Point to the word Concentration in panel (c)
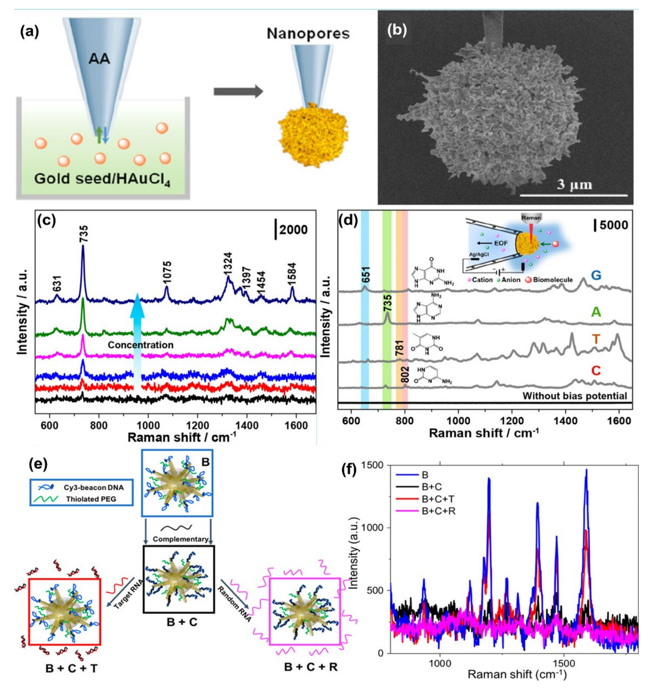pyautogui.click(x=141, y=345)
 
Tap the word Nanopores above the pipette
pyautogui.click(x=308, y=33)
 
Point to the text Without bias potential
pyautogui.click(x=575, y=396)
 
